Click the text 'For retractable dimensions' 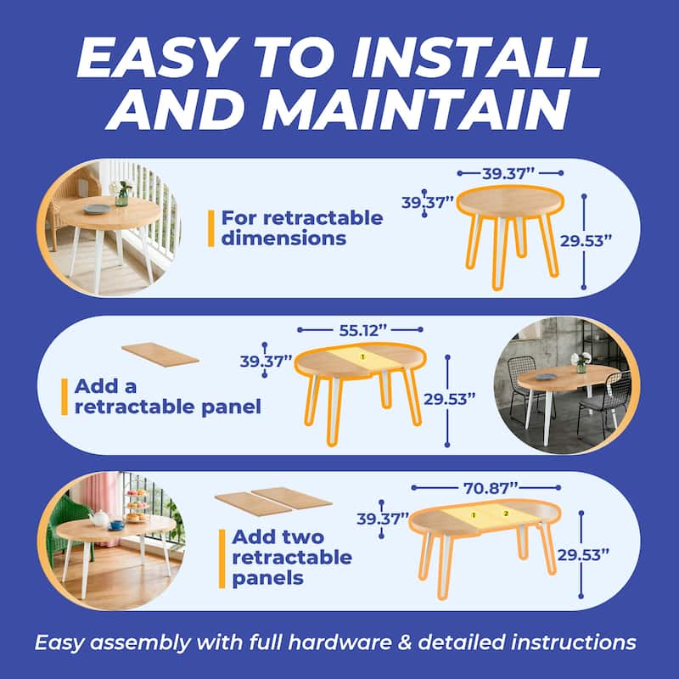tap(301, 227)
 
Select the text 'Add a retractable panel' tap(167, 396)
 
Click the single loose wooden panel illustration tap(160, 353)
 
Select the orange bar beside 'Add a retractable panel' tap(65, 396)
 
